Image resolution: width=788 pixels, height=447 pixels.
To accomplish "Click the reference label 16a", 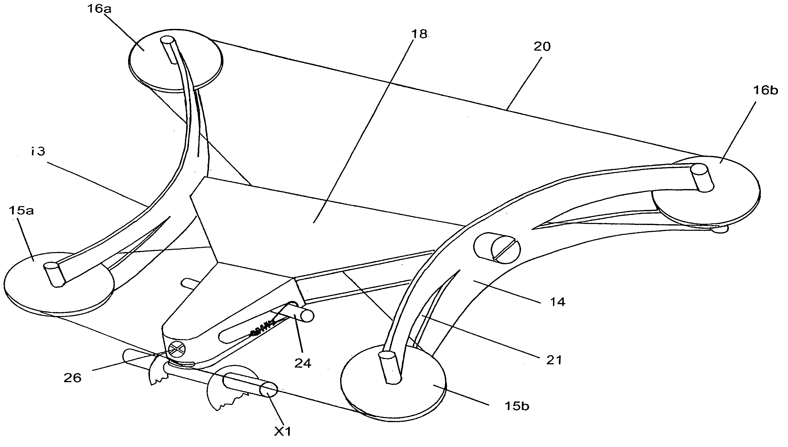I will (x=99, y=9).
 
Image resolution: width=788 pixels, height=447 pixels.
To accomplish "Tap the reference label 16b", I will (x=765, y=91).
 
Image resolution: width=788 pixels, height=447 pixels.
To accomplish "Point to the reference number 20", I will (x=542, y=47).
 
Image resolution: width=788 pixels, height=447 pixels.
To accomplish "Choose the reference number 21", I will (x=554, y=360).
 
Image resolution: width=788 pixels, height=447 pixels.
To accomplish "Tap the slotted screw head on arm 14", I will (x=505, y=248).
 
